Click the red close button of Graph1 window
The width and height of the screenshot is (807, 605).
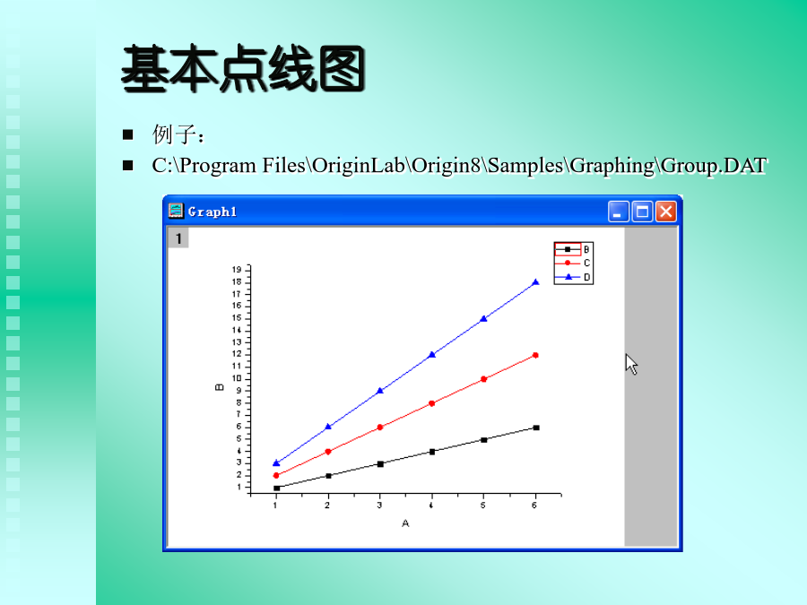point(666,212)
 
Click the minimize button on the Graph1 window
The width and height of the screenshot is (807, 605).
point(618,212)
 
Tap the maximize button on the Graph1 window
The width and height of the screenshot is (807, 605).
point(642,212)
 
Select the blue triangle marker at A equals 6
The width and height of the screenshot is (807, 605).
point(536,282)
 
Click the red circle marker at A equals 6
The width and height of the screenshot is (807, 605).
point(536,355)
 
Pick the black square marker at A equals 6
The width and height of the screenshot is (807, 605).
point(536,428)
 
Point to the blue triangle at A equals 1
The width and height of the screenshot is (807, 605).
point(276,463)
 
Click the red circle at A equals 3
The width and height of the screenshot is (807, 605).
point(380,427)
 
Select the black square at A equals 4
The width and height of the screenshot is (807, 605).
point(432,452)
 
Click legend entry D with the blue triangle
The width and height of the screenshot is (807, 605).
point(573,277)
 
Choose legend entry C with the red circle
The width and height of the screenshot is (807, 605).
point(573,263)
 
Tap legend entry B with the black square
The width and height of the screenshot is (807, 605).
point(573,249)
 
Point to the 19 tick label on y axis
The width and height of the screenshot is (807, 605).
point(237,270)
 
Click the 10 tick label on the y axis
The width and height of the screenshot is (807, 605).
point(237,378)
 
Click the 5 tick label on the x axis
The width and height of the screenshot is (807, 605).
point(482,506)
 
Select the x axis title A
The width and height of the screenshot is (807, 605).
point(405,523)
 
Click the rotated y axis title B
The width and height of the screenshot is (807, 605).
point(220,387)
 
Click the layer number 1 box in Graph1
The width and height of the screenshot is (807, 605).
point(178,238)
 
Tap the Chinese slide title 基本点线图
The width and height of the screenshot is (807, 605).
point(243,69)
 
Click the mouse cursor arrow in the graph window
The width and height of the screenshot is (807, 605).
point(631,364)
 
